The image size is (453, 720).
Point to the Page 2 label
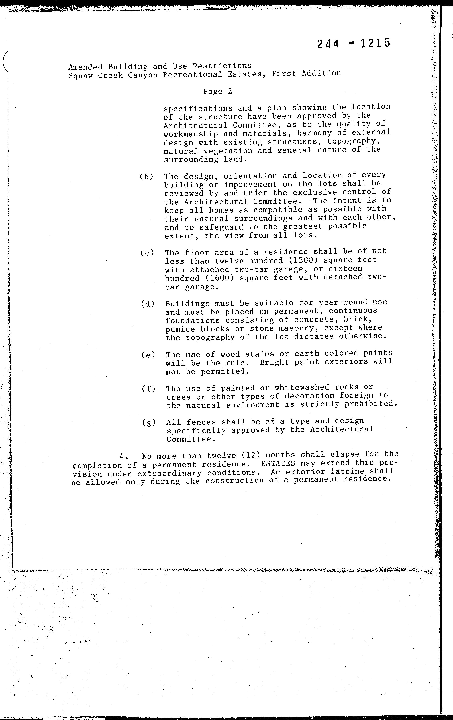[x=217, y=91]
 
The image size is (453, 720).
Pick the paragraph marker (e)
[x=148, y=355]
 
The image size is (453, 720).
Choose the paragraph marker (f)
[x=149, y=389]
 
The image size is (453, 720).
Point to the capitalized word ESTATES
[x=278, y=463]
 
